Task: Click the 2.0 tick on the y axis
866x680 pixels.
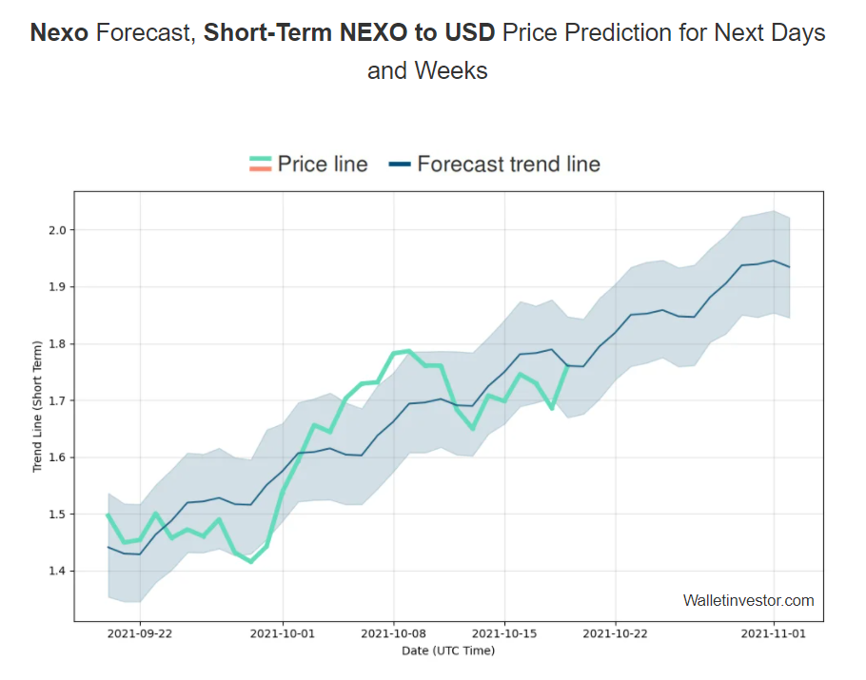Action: pyautogui.click(x=58, y=230)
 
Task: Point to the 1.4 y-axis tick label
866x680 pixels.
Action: pyautogui.click(x=58, y=572)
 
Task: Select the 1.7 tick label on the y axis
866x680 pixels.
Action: pyautogui.click(x=58, y=400)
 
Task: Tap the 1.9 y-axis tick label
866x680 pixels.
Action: pyautogui.click(x=58, y=287)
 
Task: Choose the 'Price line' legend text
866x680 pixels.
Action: pyautogui.click(x=323, y=165)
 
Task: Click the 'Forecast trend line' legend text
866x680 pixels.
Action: pyautogui.click(x=508, y=165)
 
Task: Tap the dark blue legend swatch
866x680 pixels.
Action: pyautogui.click(x=400, y=165)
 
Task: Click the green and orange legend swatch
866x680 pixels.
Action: pyautogui.click(x=260, y=165)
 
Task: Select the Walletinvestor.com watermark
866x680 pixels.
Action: pyautogui.click(x=748, y=600)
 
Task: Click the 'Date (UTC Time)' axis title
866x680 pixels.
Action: pyautogui.click(x=448, y=651)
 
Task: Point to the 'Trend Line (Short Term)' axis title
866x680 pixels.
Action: pyautogui.click(x=38, y=406)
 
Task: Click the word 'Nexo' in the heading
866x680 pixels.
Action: pyautogui.click(x=59, y=33)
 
